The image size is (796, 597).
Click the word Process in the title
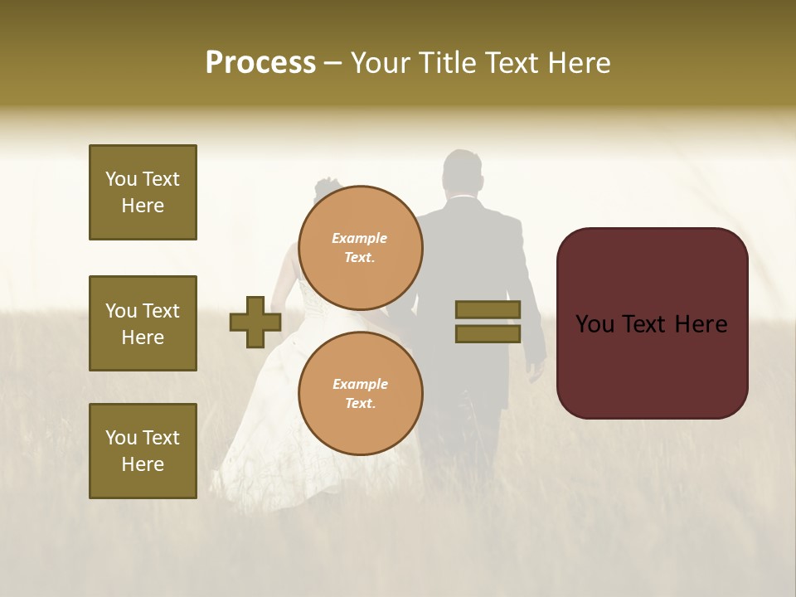[260, 63]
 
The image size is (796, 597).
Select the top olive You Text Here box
[143, 192]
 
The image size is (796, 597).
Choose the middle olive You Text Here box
[143, 323]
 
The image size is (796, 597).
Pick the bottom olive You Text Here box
[143, 450]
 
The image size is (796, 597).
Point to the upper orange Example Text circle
[361, 247]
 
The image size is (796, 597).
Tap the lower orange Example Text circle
[361, 393]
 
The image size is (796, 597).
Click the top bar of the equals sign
[488, 309]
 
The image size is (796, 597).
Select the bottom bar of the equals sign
[488, 334]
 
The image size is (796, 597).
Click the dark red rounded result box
[652, 323]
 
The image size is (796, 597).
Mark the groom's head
[462, 172]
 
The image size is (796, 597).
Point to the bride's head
[328, 192]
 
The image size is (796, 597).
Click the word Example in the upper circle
[359, 238]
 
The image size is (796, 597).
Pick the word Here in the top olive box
[143, 206]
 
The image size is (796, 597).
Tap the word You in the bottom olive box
[121, 437]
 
